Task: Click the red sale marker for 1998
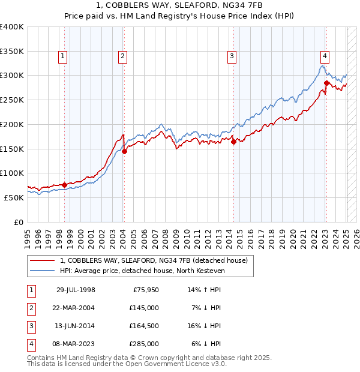coord(64,185)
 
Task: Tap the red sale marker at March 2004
coord(124,151)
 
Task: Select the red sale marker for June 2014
coord(233,142)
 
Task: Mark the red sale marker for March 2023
coord(326,83)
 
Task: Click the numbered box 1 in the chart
coord(62,57)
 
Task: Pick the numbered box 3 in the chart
coord(231,57)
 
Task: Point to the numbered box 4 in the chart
coord(324,57)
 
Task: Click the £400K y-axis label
coord(12,27)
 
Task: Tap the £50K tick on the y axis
coord(14,197)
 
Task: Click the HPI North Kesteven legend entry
coord(142,271)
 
